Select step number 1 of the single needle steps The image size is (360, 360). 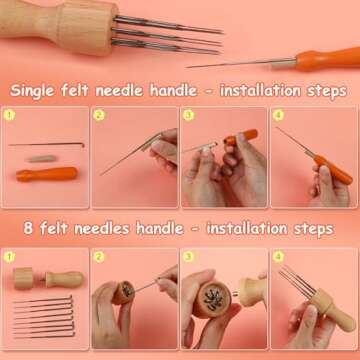(x=10, y=116)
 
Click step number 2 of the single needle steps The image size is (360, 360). (x=100, y=116)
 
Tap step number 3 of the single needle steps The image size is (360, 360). (x=189, y=116)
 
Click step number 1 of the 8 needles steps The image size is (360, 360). (x=10, y=255)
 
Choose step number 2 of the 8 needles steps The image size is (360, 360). (x=100, y=255)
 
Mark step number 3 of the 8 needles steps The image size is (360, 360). (x=189, y=255)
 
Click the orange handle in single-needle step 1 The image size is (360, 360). (x=46, y=175)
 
